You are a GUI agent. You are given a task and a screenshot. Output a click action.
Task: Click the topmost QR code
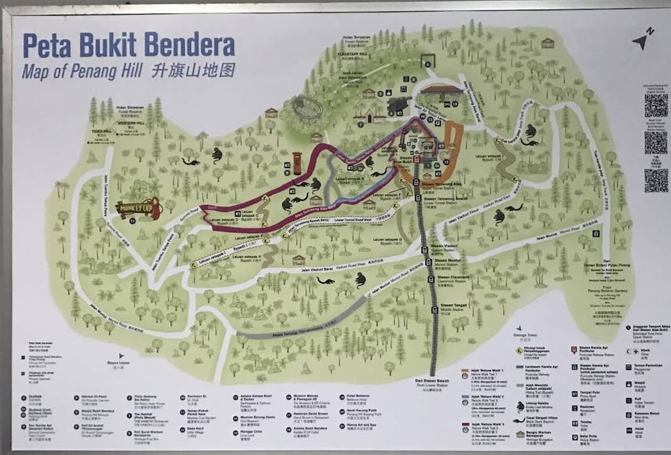pyautogui.click(x=655, y=105)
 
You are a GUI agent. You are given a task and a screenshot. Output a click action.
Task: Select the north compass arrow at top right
pyautogui.click(x=642, y=41)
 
